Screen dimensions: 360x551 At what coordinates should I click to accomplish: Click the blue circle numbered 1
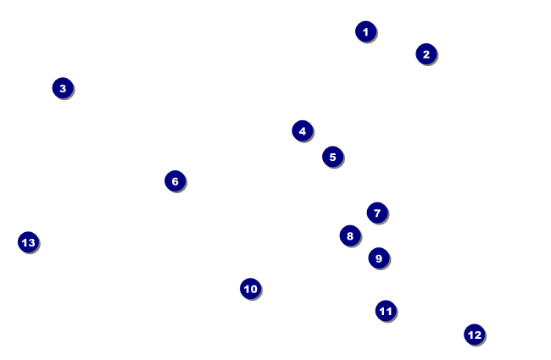(365, 31)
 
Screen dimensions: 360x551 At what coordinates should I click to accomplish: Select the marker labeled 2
(426, 54)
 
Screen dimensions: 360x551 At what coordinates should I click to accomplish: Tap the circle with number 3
(63, 88)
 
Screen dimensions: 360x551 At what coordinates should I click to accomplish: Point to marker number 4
(303, 131)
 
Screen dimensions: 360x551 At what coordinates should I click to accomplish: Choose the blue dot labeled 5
(332, 157)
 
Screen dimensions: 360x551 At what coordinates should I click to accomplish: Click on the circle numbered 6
(175, 180)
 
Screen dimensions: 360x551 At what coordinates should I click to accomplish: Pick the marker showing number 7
(377, 213)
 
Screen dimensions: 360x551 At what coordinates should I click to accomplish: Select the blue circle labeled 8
(350, 235)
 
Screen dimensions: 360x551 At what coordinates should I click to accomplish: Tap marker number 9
(379, 258)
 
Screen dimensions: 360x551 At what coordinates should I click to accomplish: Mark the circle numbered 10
(250, 289)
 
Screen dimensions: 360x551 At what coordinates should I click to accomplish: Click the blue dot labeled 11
(386, 311)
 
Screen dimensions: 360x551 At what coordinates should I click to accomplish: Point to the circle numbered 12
(475, 335)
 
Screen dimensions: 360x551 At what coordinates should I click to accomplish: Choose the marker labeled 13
(28, 242)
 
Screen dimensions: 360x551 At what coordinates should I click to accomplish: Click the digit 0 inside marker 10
(253, 289)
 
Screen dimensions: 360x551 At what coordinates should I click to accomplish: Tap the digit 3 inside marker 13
(31, 242)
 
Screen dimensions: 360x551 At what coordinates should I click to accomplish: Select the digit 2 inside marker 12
(478, 335)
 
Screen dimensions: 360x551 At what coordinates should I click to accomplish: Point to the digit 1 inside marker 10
(246, 289)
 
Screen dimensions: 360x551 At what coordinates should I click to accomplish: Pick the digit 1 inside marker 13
(24, 242)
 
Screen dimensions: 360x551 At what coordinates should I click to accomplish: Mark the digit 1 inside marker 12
(470, 335)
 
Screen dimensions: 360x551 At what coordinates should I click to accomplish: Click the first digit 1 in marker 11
(382, 311)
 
